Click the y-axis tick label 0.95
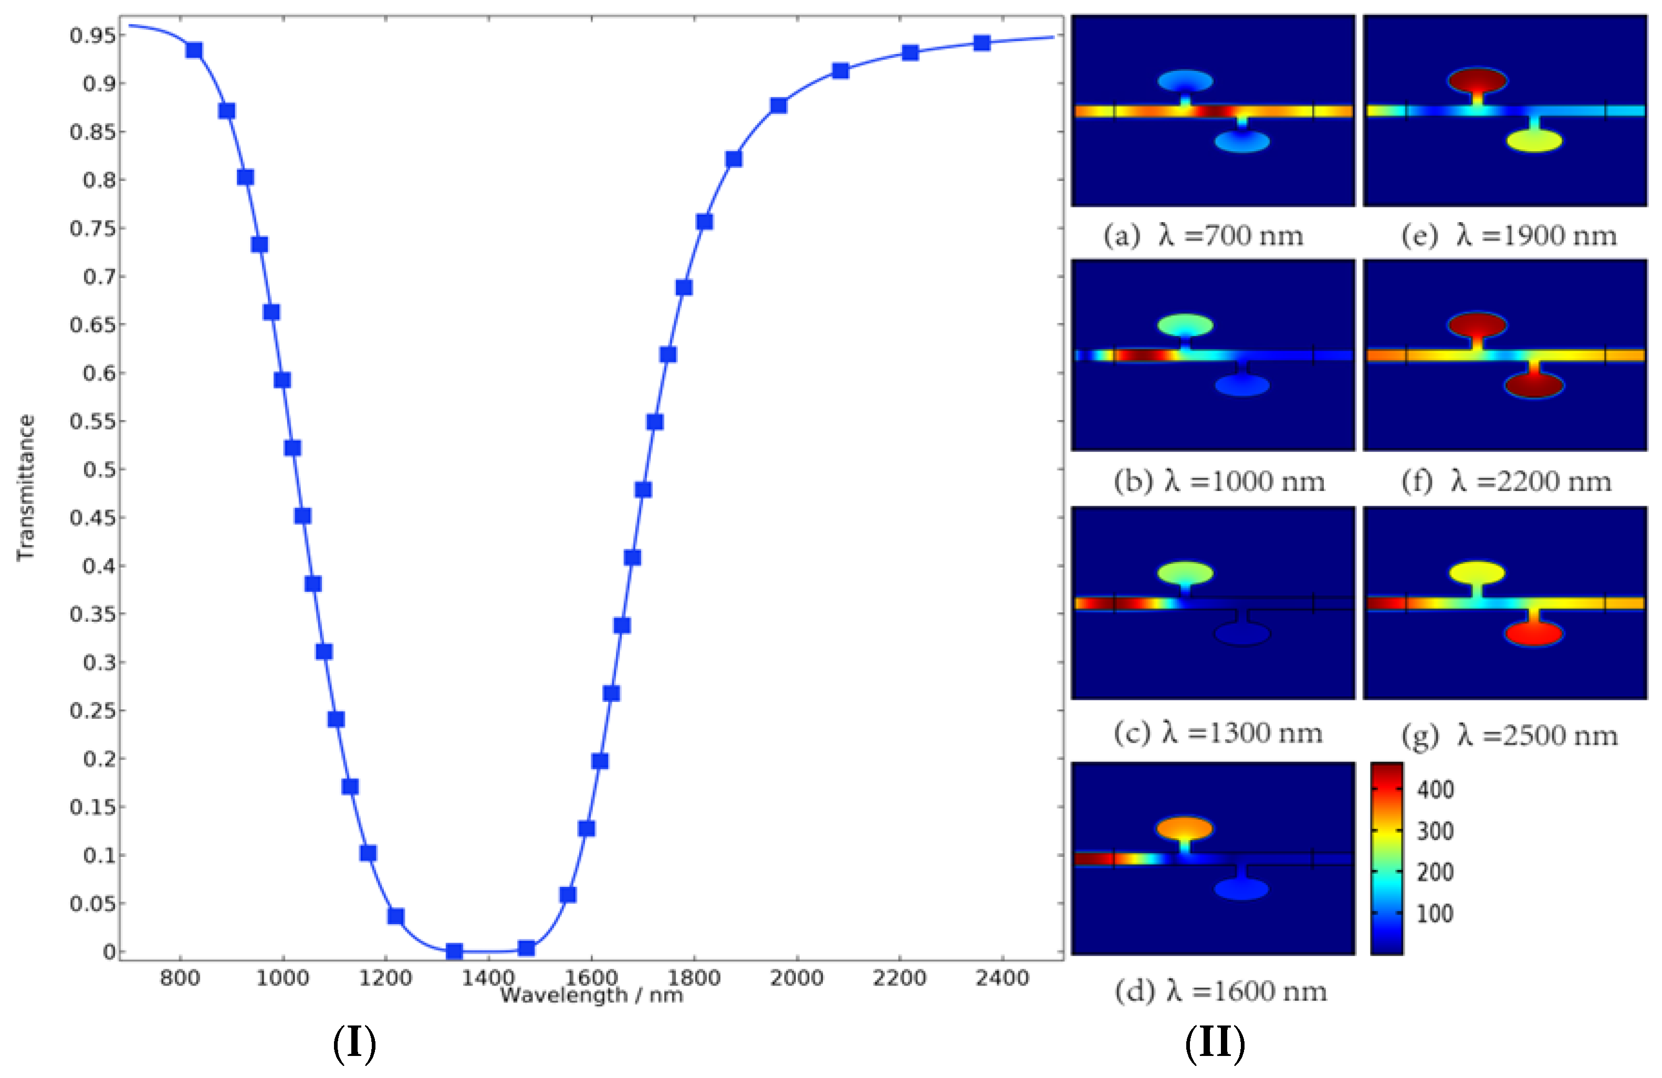tap(92, 35)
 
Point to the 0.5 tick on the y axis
tap(99, 469)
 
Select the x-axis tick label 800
tap(180, 978)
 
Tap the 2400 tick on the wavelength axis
tap(1001, 978)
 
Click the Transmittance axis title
tap(26, 487)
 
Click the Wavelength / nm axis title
tap(591, 995)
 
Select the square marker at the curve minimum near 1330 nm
tap(454, 951)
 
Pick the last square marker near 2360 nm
tap(982, 43)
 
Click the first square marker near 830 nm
tap(194, 50)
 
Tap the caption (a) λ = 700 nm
tap(1203, 236)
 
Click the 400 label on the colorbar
tap(1435, 790)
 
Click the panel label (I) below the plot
tap(354, 1043)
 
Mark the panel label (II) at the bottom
tap(1215, 1043)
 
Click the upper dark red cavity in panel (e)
tap(1477, 80)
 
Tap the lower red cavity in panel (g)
tap(1533, 633)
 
